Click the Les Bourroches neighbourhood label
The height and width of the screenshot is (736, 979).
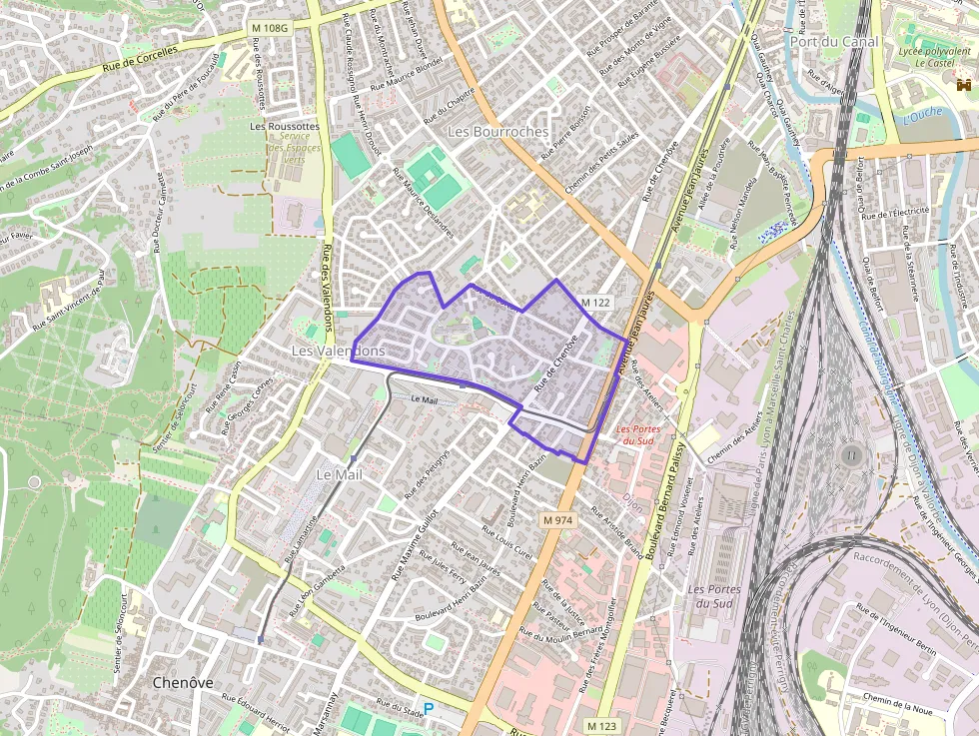point(497,132)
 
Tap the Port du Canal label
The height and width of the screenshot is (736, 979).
point(833,42)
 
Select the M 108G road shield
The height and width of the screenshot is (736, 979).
point(269,28)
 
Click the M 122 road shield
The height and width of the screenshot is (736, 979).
point(595,302)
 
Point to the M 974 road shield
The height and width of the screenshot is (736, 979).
point(558,520)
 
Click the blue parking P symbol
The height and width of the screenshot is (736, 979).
point(429,708)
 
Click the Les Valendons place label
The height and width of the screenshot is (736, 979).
point(338,352)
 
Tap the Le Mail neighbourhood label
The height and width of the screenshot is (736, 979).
point(339,474)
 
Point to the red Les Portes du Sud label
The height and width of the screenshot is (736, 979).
point(637,434)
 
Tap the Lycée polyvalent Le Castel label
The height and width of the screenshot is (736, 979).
point(926,56)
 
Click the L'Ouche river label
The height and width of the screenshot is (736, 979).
point(922,115)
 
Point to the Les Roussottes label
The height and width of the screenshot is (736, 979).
point(286,127)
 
